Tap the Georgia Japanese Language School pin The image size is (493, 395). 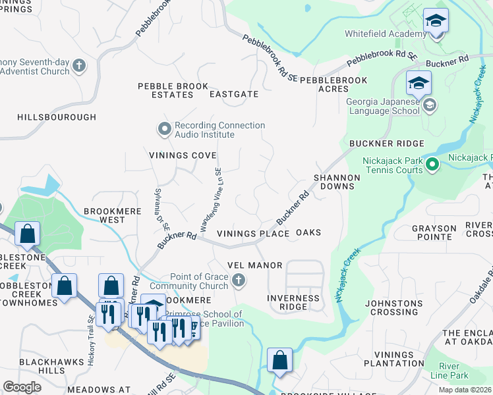[430, 105]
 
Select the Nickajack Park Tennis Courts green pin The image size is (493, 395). [432, 163]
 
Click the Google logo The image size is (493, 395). [22, 387]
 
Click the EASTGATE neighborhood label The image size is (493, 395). [234, 94]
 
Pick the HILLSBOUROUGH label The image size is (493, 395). [57, 117]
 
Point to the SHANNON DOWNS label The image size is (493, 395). [337, 182]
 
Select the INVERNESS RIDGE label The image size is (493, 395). [293, 302]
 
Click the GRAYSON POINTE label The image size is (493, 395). [434, 233]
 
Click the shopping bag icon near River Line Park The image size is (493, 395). [280, 361]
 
